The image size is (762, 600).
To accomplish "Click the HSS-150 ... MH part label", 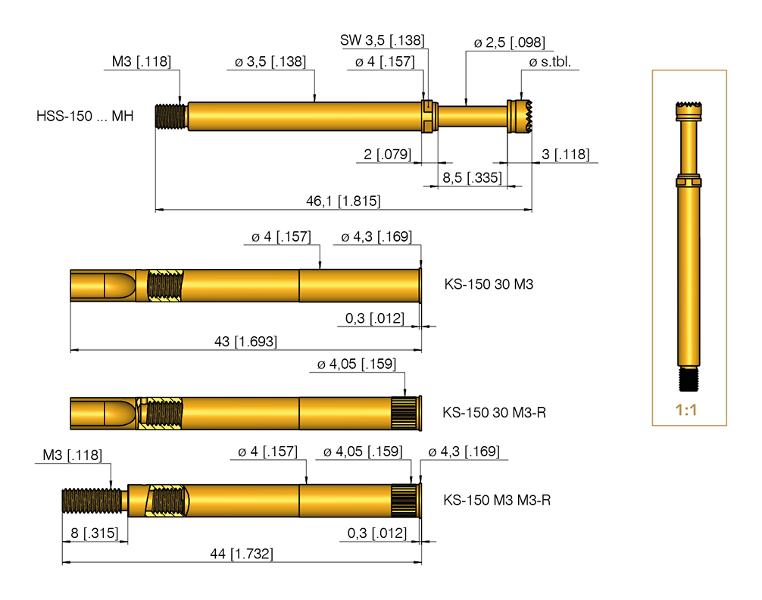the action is pyautogui.click(x=85, y=117).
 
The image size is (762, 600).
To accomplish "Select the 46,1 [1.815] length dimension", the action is pyautogui.click(x=342, y=202).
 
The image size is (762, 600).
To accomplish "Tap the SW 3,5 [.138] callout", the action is pyautogui.click(x=382, y=40).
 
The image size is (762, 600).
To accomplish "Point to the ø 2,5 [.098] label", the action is pyautogui.click(x=509, y=43).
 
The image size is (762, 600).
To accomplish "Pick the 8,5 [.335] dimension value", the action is pyautogui.click(x=470, y=178).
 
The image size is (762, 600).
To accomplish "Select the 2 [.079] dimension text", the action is pyautogui.click(x=386, y=155).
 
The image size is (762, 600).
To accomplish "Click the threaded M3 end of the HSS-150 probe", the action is pyautogui.click(x=171, y=117).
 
